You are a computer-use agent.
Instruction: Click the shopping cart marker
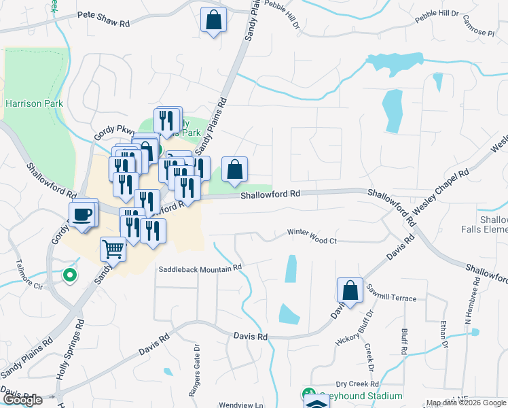pos(113,248)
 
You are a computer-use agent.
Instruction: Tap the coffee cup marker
pos(82,214)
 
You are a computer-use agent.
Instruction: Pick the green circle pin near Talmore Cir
pos(69,275)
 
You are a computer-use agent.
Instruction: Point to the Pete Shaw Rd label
pos(103,22)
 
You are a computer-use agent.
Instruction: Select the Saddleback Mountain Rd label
pos(200,268)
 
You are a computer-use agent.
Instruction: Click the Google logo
pos(22,400)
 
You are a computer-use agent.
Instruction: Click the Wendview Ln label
pos(240,405)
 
